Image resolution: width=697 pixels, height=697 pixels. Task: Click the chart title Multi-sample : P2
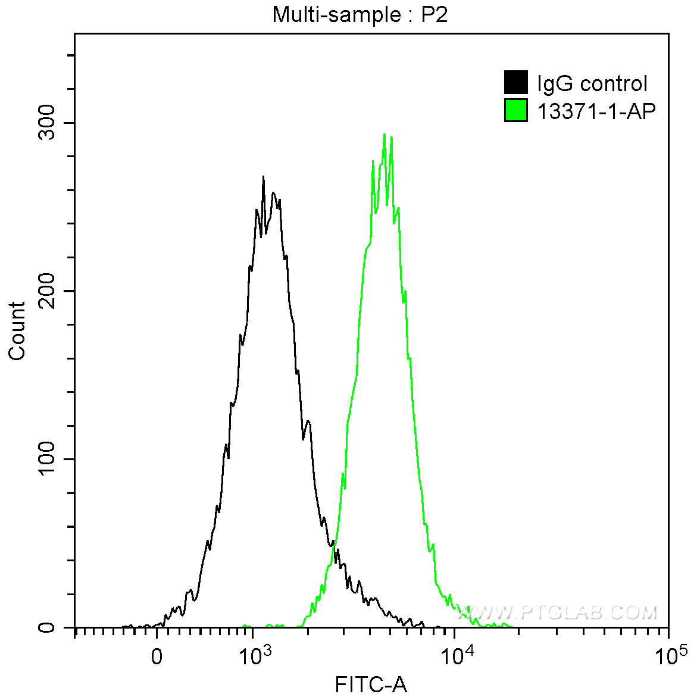point(360,14)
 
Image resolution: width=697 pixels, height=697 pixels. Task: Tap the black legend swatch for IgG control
point(515,83)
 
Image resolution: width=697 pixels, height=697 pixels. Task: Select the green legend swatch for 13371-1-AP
point(515,110)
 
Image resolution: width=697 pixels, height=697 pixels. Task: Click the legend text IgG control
point(592,83)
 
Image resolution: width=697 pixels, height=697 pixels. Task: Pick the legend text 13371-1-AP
point(596,111)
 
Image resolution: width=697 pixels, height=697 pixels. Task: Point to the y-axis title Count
point(17,331)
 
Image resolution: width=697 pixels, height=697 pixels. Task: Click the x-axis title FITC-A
point(371,685)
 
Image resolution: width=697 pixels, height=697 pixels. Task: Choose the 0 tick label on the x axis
point(157,657)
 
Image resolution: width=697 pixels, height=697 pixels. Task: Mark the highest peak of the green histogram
point(385,135)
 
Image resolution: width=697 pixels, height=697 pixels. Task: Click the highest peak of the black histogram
point(263,177)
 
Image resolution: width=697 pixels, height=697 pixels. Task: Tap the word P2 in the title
point(435,14)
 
